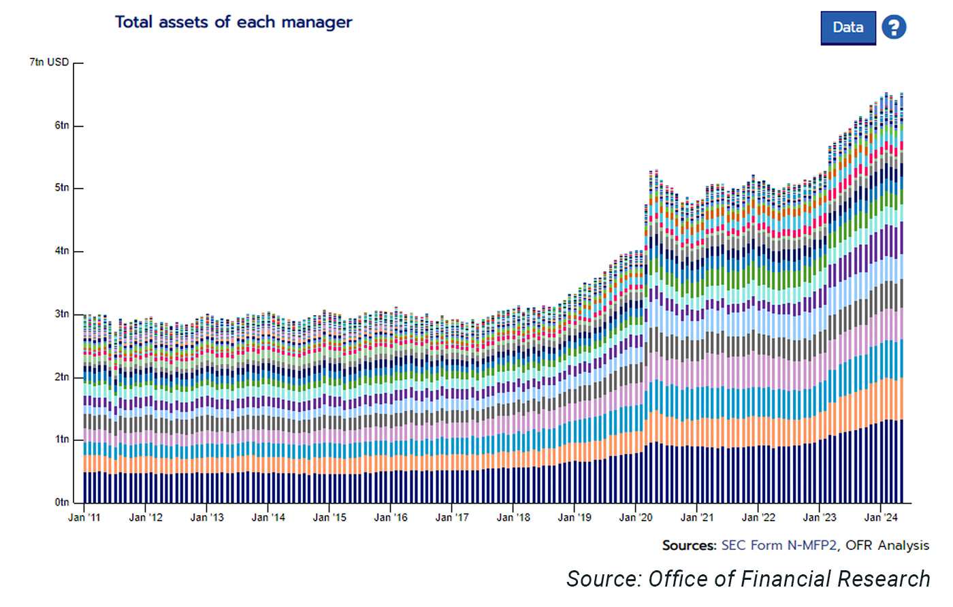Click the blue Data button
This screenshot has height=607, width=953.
847,28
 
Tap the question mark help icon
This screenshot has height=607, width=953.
894,28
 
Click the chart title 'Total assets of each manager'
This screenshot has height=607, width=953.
233,22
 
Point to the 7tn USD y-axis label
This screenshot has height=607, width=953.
49,63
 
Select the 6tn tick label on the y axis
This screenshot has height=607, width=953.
62,125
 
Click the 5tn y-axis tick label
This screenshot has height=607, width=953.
62,188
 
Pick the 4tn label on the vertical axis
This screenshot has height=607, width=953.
62,251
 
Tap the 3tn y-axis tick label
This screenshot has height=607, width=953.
62,314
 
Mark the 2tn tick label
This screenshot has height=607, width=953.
62,377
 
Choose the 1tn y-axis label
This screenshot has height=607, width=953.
62,440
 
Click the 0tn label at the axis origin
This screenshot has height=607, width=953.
62,502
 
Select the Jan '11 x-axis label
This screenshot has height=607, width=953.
84,518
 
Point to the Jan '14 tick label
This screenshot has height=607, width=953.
268,518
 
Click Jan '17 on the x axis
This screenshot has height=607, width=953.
452,518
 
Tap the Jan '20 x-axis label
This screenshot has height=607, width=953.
636,518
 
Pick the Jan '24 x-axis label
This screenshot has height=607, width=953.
881,518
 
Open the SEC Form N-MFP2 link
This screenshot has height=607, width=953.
779,546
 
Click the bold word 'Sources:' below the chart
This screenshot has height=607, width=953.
689,546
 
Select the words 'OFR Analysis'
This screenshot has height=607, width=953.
887,546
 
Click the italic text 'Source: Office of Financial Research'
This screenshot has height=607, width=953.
748,579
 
